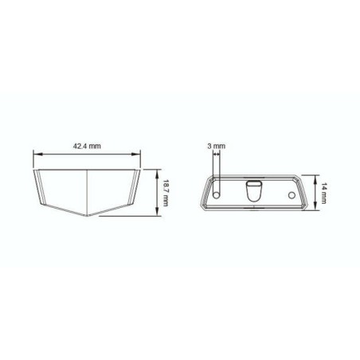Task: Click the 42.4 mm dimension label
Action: point(86,147)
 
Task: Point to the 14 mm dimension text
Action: point(327,192)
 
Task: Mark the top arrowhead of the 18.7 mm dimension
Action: point(158,171)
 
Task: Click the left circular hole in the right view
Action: point(217,194)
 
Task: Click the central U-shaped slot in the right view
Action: point(253,192)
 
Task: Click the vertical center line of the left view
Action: point(86,191)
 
